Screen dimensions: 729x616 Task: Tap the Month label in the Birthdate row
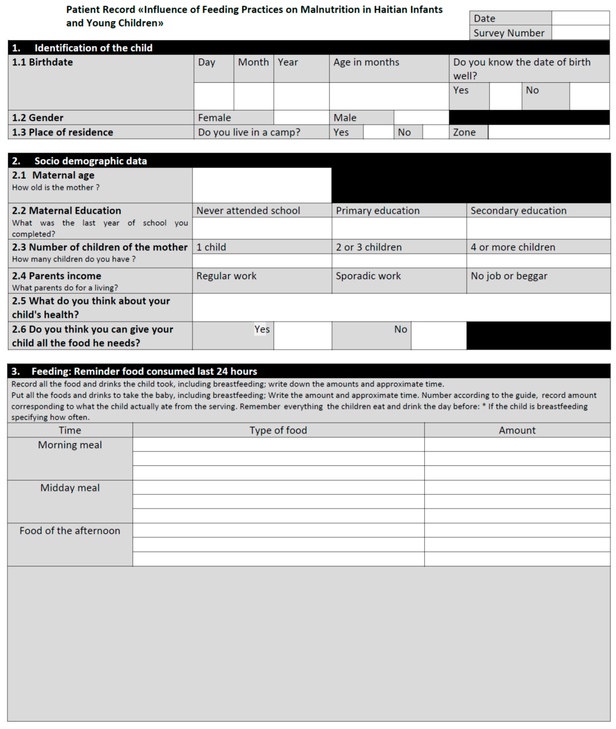[253, 62]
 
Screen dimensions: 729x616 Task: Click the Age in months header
[366, 62]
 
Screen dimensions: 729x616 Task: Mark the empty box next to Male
[421, 118]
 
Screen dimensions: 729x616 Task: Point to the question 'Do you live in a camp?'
[249, 132]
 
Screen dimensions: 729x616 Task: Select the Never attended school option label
[248, 211]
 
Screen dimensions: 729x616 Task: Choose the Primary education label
[378, 211]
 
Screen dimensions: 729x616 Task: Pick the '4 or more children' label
[513, 247]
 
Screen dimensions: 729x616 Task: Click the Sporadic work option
[368, 276]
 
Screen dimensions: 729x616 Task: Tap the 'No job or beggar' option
[509, 276]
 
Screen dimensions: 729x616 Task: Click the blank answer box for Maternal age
[262, 185]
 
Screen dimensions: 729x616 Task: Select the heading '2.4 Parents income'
[57, 276]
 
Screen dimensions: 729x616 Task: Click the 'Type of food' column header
[278, 430]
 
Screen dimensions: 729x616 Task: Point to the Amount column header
[517, 430]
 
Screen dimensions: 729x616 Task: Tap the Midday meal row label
[70, 488]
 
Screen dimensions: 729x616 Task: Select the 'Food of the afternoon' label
[70, 531]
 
